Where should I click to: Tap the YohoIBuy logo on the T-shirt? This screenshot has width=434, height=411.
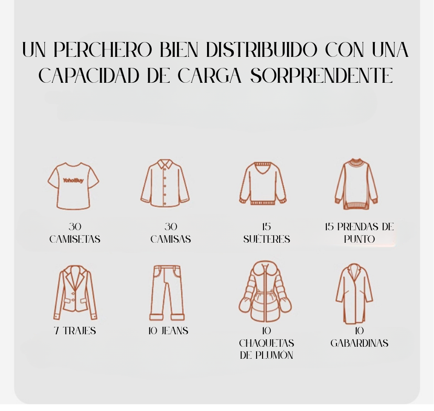click(73, 180)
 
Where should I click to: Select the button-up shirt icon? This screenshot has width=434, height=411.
click(165, 183)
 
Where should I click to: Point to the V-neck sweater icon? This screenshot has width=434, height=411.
click(263, 183)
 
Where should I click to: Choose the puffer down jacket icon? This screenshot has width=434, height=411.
click(265, 291)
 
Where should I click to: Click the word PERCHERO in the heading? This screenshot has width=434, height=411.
click(103, 49)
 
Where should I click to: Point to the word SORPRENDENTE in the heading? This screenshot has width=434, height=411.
click(322, 75)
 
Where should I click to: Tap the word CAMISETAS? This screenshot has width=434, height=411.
click(75, 239)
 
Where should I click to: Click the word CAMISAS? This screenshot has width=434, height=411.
click(171, 239)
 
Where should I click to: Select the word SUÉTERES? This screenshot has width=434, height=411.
click(267, 239)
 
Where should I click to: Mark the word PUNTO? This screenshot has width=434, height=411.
click(359, 239)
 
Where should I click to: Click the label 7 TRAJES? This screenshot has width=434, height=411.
click(75, 331)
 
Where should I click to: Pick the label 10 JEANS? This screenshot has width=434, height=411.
click(168, 331)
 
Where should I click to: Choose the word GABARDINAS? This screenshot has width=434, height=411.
click(359, 343)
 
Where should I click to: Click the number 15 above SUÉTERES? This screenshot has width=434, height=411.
click(266, 227)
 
